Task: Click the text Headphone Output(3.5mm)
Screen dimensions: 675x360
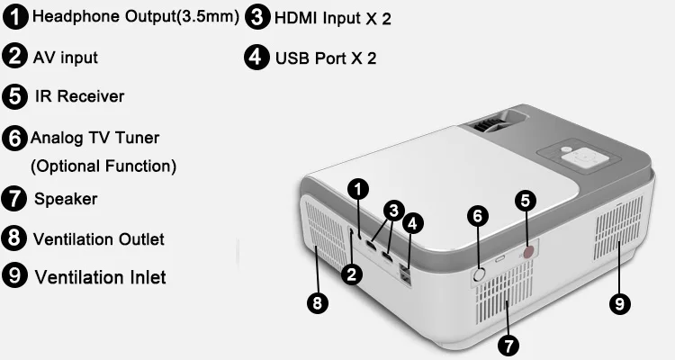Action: click(x=136, y=17)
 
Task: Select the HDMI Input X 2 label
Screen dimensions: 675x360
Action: click(x=333, y=19)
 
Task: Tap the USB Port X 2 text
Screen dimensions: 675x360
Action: click(x=326, y=58)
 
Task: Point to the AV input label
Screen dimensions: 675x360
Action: click(x=66, y=58)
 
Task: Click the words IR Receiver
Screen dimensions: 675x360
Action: click(x=79, y=96)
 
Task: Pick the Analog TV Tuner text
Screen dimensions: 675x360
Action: click(x=95, y=138)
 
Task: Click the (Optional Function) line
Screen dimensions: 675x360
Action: click(x=103, y=166)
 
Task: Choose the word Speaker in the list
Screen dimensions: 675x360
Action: click(x=66, y=199)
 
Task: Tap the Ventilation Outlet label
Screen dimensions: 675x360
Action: click(x=99, y=239)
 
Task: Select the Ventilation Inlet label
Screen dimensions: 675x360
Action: click(x=100, y=277)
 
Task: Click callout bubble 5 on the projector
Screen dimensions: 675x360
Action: click(x=526, y=201)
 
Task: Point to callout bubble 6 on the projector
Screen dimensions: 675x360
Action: click(x=477, y=216)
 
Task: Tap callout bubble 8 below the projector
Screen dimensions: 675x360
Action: click(x=318, y=303)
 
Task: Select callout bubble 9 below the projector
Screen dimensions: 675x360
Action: click(x=620, y=304)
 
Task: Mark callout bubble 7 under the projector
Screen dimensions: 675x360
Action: click(x=508, y=346)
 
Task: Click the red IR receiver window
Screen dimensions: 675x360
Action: click(x=528, y=251)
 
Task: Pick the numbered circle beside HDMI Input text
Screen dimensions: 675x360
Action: click(x=257, y=18)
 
